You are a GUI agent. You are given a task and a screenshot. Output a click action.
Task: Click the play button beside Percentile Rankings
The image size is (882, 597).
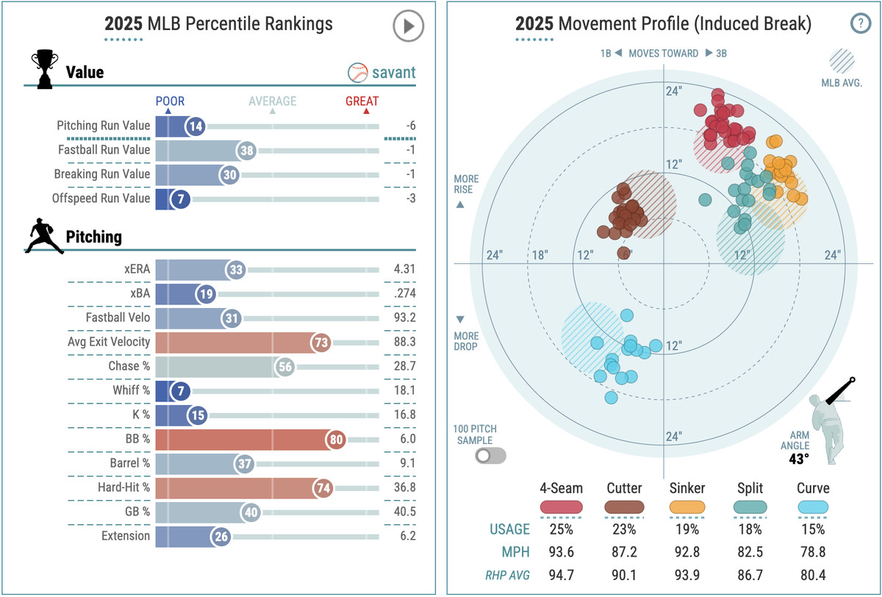pos(408,26)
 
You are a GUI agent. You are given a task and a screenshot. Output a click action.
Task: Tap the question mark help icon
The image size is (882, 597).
pos(860,24)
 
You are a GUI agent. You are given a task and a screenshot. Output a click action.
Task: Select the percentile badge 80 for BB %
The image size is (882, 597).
pos(337,439)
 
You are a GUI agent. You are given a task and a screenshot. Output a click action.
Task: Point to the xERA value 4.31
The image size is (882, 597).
pos(404,269)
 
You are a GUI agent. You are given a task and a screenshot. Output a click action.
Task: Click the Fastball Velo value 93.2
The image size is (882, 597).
pos(404,318)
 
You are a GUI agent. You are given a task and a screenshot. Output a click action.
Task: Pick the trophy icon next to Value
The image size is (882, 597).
pos(44,70)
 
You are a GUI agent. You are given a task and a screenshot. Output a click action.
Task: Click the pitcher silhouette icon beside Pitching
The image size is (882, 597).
pos(44,237)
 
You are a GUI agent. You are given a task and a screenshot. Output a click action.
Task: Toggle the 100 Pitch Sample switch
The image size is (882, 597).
pos(490,456)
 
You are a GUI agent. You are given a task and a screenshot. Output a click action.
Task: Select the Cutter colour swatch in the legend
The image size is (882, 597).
pos(625,507)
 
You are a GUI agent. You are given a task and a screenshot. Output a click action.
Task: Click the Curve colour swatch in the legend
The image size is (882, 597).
pos(812,507)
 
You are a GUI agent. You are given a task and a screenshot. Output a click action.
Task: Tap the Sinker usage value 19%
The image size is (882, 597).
pos(687,529)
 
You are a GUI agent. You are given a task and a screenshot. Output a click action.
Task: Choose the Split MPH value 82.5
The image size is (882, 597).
pos(750,551)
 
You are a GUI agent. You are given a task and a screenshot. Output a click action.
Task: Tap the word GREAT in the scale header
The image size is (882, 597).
pos(362,101)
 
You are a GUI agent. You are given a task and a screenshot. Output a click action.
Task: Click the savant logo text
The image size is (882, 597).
pos(393,73)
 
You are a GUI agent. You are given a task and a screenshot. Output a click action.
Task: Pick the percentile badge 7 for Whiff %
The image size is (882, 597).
pos(180,390)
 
